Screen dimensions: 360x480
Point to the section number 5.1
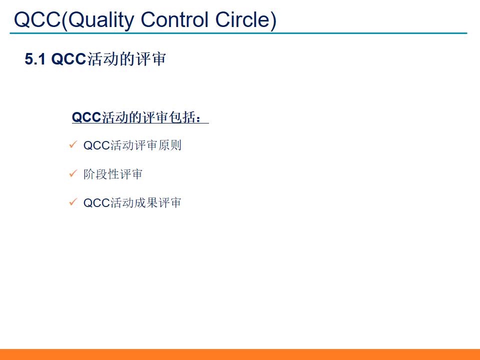(35, 59)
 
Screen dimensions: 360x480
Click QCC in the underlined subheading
(86, 117)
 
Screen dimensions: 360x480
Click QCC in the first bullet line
(96, 145)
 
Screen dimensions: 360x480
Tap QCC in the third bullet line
(96, 202)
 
